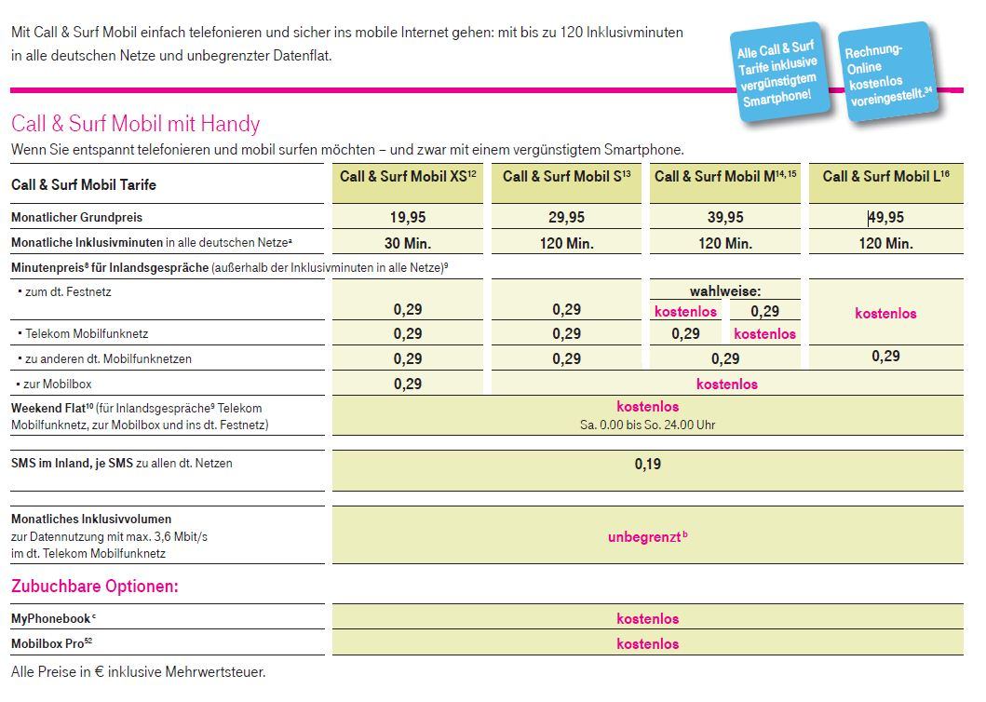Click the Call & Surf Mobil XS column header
(x=408, y=177)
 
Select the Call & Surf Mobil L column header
(x=886, y=177)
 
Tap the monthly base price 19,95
(x=408, y=218)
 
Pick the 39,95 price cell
(x=725, y=218)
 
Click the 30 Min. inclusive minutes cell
(x=408, y=243)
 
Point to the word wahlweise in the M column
(x=725, y=291)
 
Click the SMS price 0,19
(x=648, y=465)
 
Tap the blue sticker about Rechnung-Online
(x=888, y=71)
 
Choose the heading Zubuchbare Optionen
(x=95, y=587)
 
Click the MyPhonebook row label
(x=53, y=618)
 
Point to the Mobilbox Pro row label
(x=51, y=643)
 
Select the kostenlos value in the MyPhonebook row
(x=648, y=618)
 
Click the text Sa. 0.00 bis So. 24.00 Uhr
(x=648, y=425)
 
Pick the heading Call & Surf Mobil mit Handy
(x=135, y=123)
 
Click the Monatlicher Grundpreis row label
(x=76, y=218)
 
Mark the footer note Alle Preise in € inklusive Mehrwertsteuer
(x=139, y=672)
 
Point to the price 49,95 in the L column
(x=886, y=218)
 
